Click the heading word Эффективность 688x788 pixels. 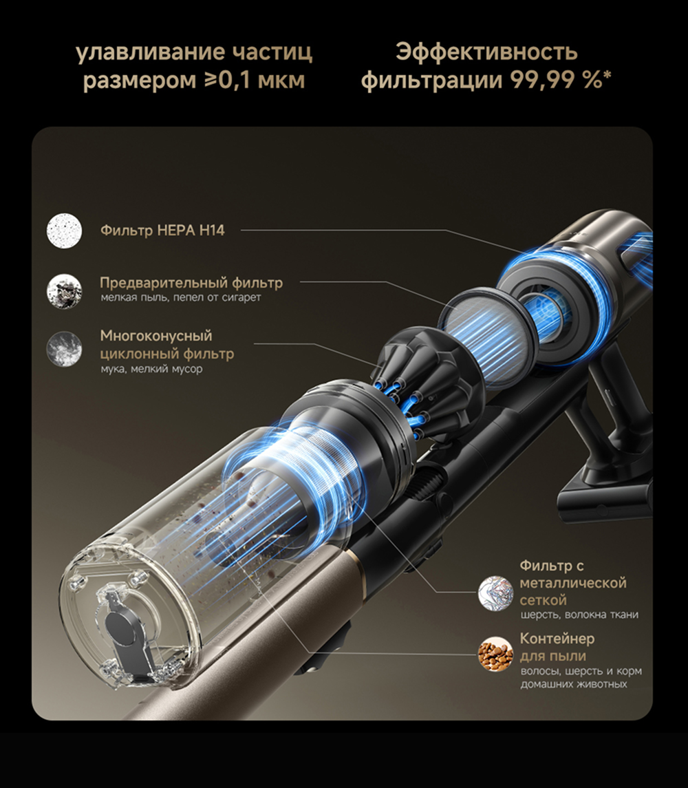coord(486,52)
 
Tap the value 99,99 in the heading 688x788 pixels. coord(543,80)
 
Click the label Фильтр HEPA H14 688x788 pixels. coord(162,231)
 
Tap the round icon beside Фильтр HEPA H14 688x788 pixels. coord(64,230)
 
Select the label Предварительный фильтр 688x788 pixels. coord(191,283)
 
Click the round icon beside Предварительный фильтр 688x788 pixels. coord(64,291)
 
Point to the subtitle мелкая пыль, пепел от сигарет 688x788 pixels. coord(180,297)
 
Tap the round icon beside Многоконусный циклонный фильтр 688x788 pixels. coord(64,348)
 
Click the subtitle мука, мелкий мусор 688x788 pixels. coord(151,369)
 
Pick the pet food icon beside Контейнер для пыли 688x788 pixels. coord(495,654)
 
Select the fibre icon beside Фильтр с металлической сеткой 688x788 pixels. coord(495,593)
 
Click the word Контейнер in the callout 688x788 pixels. coord(557,639)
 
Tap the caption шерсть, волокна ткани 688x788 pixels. coord(579,615)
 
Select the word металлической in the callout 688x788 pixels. coord(573,583)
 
